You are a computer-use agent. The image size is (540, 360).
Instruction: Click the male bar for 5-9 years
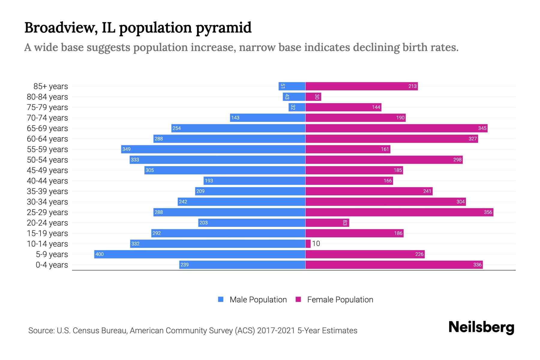click(199, 254)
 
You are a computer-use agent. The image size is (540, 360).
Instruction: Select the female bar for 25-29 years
click(399, 212)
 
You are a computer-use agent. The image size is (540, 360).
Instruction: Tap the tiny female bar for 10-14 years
click(308, 244)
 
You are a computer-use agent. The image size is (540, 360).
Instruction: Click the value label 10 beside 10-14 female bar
click(316, 244)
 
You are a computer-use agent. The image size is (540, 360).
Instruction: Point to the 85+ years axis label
click(50, 86)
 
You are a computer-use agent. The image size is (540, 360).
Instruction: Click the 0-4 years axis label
click(52, 265)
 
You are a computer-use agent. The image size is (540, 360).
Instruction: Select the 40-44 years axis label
click(47, 181)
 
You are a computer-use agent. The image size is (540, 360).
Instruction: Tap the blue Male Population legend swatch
click(221, 299)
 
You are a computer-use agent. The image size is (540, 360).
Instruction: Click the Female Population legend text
click(340, 300)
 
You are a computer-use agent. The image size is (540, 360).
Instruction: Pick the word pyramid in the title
click(223, 28)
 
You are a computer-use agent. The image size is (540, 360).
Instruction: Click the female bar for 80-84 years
click(313, 97)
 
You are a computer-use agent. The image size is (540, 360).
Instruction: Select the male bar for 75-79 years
click(297, 107)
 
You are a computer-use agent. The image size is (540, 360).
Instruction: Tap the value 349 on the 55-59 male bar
click(126, 149)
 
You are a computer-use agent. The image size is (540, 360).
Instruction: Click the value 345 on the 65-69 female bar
click(482, 128)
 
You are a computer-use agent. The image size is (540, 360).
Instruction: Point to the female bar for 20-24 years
click(327, 223)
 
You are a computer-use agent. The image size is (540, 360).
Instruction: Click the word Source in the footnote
click(41, 331)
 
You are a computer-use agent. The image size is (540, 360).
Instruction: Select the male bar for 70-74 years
click(268, 118)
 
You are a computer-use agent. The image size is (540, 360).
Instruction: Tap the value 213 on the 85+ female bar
click(412, 86)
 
